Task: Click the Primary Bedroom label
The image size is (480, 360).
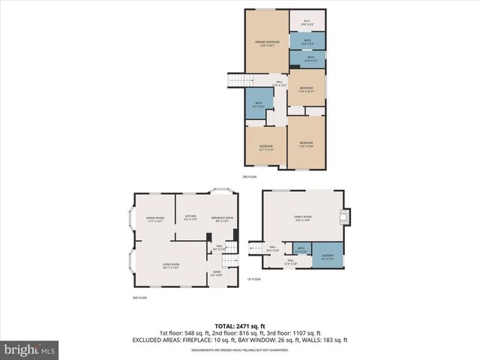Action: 267,43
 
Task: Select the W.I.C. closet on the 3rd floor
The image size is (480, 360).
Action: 307,22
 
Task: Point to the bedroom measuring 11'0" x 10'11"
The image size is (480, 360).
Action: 306,89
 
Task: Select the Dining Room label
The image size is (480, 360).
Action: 154,219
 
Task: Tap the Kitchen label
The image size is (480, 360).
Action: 190,218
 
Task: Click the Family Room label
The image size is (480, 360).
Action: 302,218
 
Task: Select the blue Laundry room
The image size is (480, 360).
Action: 327,256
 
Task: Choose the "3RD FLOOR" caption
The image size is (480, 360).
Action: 250,177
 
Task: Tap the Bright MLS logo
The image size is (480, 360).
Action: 30,349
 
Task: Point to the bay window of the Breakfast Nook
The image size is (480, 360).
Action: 222,190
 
